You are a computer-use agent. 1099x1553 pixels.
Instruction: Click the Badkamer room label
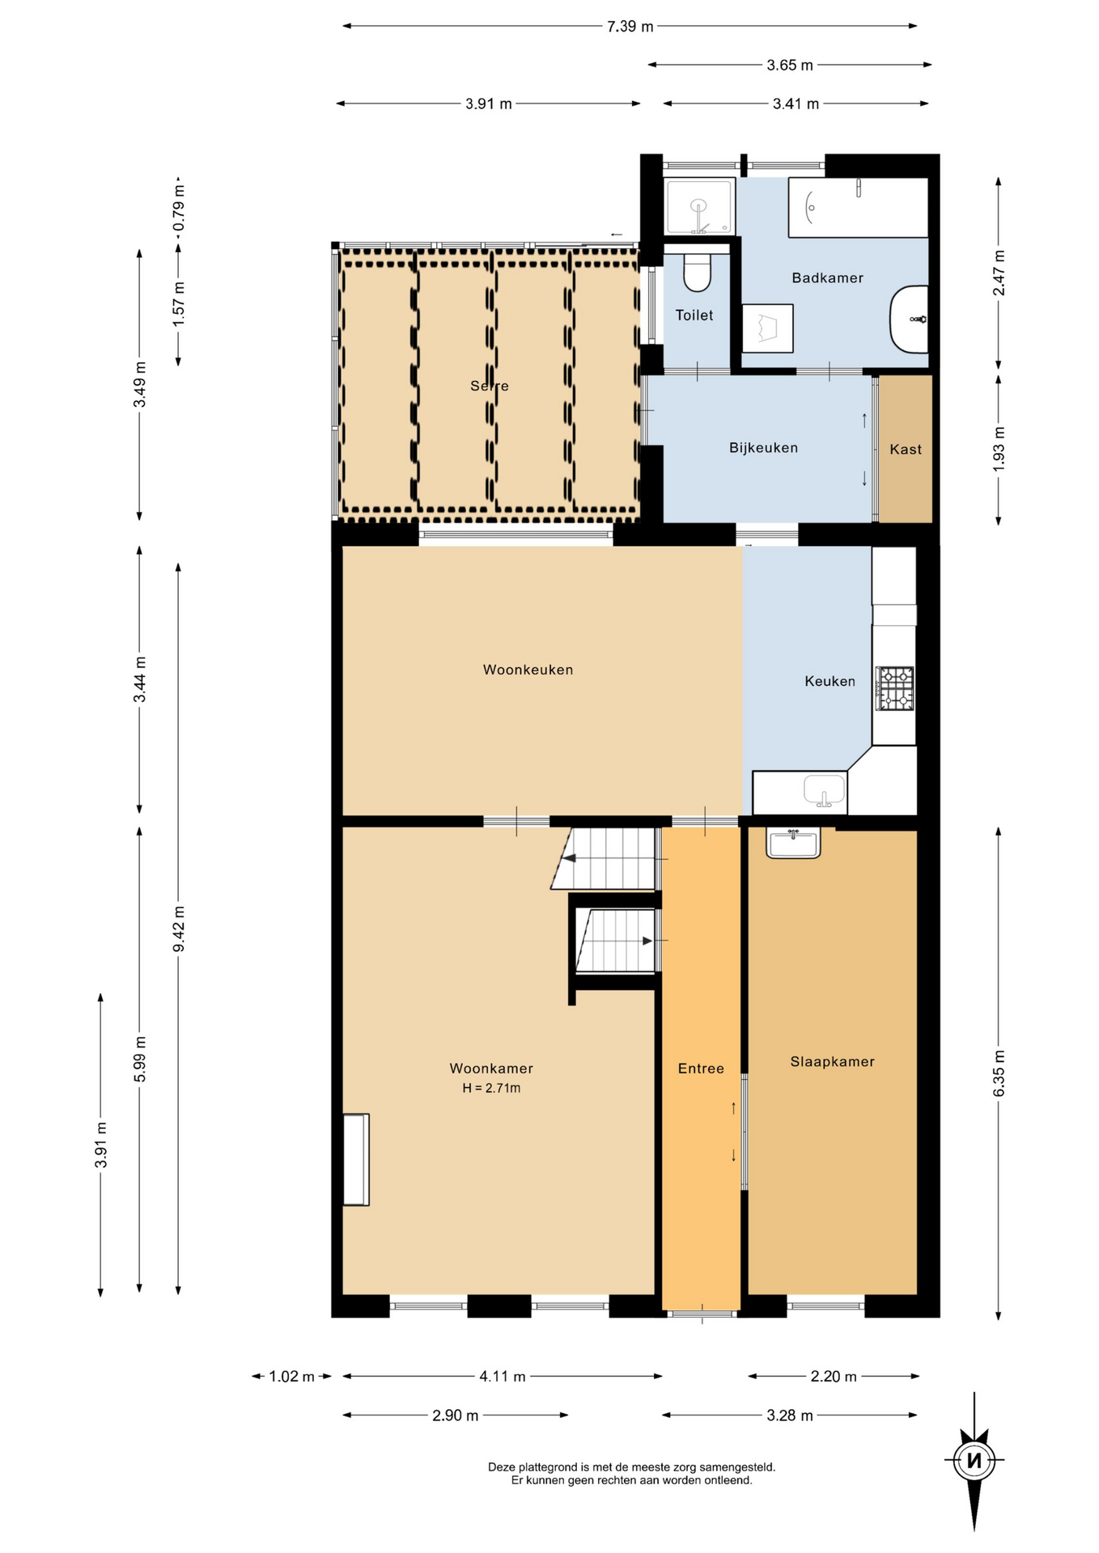827,277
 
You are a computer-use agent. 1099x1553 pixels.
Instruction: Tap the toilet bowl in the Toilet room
697,273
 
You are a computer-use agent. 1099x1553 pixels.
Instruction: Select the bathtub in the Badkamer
858,207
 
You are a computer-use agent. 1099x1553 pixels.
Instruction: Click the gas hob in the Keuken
894,688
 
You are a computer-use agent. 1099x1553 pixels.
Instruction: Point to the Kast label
906,449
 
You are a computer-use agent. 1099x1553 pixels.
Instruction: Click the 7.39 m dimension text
630,26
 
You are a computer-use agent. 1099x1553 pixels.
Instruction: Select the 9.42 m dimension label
179,928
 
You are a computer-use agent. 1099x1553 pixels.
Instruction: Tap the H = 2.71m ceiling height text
491,1088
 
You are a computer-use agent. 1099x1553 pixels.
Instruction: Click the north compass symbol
974,1460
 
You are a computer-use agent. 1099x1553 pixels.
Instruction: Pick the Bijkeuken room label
763,447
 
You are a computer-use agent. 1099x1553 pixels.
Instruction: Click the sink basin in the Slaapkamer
793,843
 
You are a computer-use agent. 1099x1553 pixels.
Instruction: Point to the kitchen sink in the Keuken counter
824,790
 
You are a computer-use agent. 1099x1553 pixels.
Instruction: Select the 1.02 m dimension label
291,1376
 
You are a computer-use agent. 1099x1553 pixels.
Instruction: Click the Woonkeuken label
528,669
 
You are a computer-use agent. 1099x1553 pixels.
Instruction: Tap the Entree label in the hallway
701,1068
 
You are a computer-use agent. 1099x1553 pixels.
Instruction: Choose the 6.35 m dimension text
999,1073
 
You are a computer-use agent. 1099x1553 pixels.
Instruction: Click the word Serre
490,386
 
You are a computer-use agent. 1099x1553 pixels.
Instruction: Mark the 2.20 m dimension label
834,1376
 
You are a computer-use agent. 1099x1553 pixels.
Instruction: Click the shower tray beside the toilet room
699,206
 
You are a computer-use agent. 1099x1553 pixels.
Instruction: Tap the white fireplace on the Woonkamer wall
356,1159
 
